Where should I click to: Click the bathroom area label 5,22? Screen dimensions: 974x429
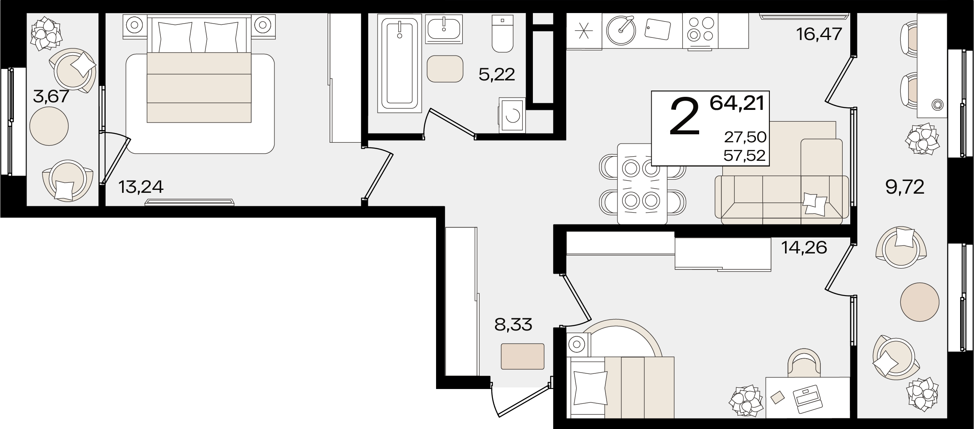pyautogui.click(x=497, y=75)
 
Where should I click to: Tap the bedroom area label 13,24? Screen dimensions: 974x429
pyautogui.click(x=141, y=187)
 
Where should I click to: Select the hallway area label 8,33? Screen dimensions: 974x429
pyautogui.click(x=513, y=325)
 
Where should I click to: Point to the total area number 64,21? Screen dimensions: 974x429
pyautogui.click(x=737, y=103)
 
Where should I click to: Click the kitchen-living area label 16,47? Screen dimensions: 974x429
pyautogui.click(x=819, y=34)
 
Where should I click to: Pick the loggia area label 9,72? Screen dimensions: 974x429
pyautogui.click(x=905, y=187)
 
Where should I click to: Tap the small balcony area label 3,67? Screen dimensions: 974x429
pyautogui.click(x=51, y=97)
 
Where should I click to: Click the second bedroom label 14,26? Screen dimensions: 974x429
pyautogui.click(x=804, y=248)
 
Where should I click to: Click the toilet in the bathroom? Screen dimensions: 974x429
pyautogui.click(x=502, y=33)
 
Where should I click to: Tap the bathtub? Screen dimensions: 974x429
pyautogui.click(x=399, y=64)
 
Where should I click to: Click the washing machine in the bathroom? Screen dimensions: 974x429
pyautogui.click(x=512, y=115)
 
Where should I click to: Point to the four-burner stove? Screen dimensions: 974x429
pyautogui.click(x=700, y=30)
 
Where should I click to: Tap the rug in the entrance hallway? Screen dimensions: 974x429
pyautogui.click(x=522, y=357)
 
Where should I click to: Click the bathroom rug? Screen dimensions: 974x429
pyautogui.click(x=445, y=69)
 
